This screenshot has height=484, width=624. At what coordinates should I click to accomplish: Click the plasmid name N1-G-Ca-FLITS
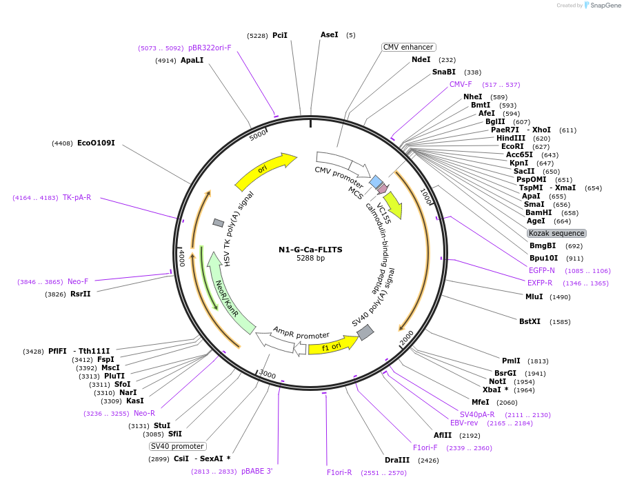(310, 250)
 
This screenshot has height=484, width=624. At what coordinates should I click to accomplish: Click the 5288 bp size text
(310, 259)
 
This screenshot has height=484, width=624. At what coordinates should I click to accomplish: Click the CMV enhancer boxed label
(408, 47)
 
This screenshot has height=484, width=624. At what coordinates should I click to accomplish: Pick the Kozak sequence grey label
(556, 233)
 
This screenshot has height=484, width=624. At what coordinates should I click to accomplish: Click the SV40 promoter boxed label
(177, 446)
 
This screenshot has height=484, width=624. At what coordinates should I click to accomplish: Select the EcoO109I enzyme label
(96, 143)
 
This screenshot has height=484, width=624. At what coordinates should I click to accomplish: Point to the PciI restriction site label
(279, 35)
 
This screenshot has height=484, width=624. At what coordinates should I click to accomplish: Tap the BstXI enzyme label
(530, 321)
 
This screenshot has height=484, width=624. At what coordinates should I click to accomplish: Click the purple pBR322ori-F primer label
(210, 48)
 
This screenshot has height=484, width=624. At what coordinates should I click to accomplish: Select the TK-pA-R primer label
(77, 198)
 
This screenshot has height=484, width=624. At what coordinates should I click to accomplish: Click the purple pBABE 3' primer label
(256, 472)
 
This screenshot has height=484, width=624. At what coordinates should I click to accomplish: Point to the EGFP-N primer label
(541, 270)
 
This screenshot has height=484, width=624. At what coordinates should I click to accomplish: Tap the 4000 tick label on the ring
(181, 259)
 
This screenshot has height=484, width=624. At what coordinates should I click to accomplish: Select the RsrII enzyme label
(81, 294)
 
